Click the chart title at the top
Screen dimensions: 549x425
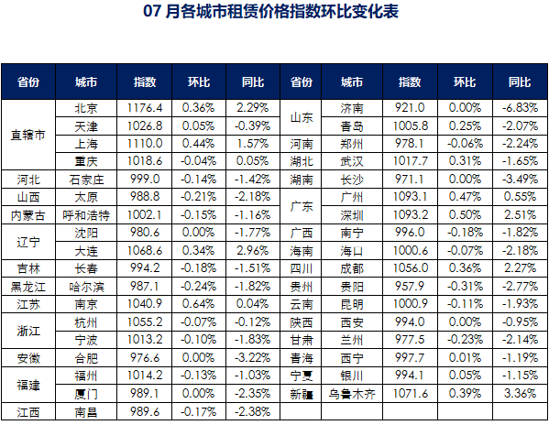(x=270, y=11)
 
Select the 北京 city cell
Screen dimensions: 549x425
(x=86, y=108)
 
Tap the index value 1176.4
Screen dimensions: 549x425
(x=145, y=108)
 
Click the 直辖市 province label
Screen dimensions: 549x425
(x=28, y=135)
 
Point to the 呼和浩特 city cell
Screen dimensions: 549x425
(x=86, y=215)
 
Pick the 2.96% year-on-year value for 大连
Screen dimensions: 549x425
(x=252, y=250)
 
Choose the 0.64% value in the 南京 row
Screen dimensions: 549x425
(x=198, y=303)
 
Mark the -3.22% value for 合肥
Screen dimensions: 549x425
(x=252, y=357)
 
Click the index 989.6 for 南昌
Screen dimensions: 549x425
(x=145, y=411)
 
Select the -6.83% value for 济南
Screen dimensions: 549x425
(x=520, y=108)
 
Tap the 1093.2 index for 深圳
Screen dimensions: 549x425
(x=410, y=214)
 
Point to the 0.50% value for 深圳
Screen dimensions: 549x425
(x=465, y=214)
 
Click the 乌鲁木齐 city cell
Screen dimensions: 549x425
(x=352, y=394)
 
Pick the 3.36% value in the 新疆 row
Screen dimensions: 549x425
(x=520, y=394)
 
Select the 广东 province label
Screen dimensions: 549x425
(x=302, y=206)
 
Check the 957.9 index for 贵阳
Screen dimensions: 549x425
(x=410, y=286)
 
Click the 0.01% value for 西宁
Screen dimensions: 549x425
(x=465, y=357)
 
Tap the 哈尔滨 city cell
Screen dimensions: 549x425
(x=86, y=287)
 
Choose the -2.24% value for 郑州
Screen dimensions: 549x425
(x=520, y=144)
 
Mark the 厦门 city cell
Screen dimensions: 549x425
(x=86, y=394)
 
